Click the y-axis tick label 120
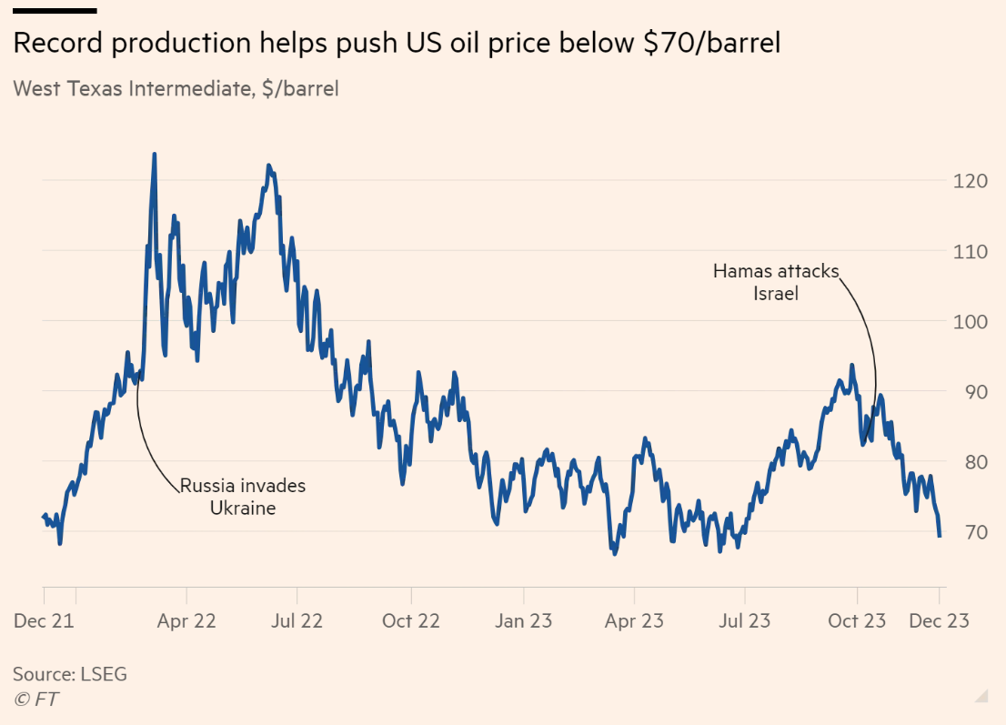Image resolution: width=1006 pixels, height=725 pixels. (970, 181)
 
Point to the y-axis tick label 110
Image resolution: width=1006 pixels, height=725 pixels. (970, 251)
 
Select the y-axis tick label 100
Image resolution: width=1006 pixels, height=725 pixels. (970, 321)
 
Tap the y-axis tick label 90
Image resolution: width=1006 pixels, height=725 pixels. (974, 391)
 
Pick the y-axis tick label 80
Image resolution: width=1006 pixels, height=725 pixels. (974, 461)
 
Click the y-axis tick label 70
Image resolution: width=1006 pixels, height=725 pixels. (974, 531)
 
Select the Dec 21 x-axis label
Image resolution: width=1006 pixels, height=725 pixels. (45, 621)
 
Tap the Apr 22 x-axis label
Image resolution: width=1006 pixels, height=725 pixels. (186, 621)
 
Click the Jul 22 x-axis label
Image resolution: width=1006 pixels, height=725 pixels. (297, 621)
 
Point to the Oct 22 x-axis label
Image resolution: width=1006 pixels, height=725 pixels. (410, 621)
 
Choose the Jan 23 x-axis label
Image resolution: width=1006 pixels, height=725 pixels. (523, 621)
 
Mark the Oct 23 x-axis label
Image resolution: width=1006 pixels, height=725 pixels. (856, 621)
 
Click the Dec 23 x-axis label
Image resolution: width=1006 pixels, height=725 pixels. (939, 621)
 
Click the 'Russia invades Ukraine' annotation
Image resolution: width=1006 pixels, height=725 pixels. (243, 497)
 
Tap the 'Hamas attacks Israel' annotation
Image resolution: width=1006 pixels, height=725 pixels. (776, 282)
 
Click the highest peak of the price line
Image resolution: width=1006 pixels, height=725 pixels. (154, 154)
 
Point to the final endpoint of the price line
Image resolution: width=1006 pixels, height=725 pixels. (940, 536)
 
